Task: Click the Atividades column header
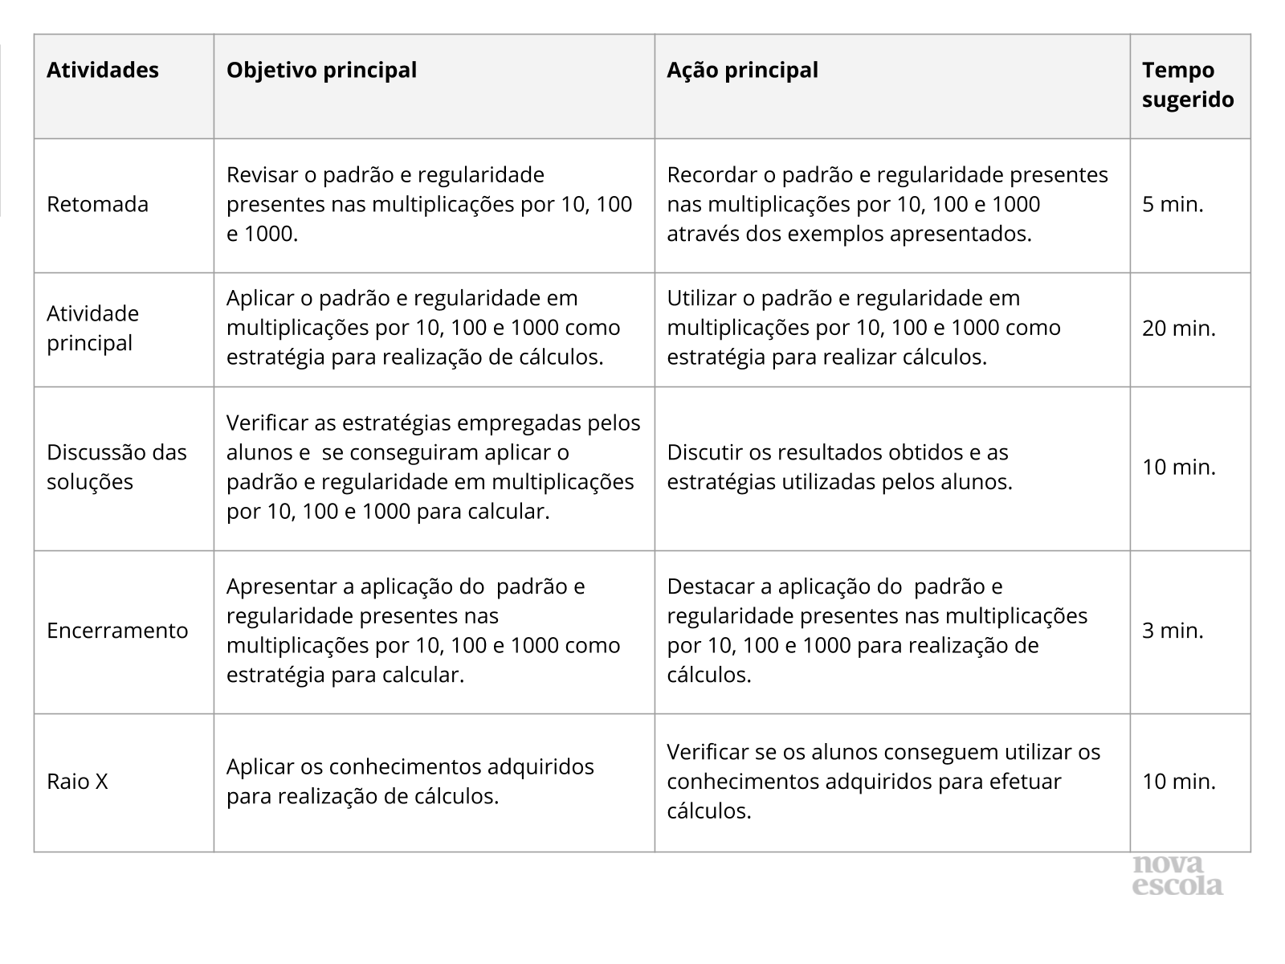pos(103,71)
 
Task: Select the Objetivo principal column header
pos(321,71)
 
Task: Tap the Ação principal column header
pos(742,71)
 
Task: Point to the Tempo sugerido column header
pos(1188,85)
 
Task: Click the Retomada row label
pos(97,204)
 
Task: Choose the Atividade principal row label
pos(92,328)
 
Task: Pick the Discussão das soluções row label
pos(116,467)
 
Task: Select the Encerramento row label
pos(117,631)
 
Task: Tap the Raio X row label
pos(77,782)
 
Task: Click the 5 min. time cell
pos(1173,204)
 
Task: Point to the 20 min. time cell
pos(1179,328)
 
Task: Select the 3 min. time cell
pos(1173,631)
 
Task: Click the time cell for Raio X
pos(1179,782)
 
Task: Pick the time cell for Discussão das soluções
pos(1179,467)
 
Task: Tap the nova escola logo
pos(1177,876)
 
